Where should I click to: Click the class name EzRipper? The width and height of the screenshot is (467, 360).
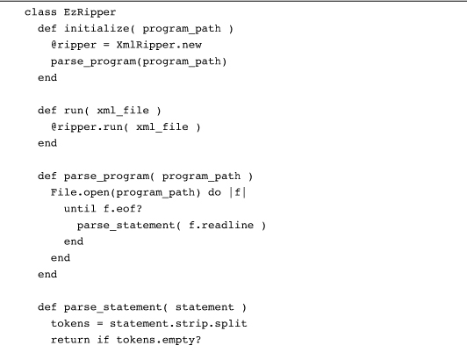tap(90, 12)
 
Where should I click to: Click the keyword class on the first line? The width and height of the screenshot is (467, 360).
tap(40, 12)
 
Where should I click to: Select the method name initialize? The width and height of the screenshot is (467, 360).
tap(97, 29)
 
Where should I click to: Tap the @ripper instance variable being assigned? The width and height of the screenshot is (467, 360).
tap(74, 46)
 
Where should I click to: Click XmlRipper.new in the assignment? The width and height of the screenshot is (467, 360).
tap(159, 46)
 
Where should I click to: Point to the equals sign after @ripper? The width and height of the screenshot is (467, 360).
tap(106, 46)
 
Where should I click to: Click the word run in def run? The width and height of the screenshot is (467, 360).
tap(74, 111)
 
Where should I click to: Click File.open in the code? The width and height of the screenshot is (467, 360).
tap(80, 192)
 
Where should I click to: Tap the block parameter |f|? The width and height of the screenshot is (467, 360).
tap(237, 192)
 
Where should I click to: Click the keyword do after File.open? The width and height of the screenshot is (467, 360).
tap(214, 192)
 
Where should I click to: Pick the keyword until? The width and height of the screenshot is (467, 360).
tap(80, 209)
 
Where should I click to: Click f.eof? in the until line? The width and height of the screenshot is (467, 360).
tap(123, 209)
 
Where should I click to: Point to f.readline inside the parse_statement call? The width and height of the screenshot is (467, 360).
tap(221, 226)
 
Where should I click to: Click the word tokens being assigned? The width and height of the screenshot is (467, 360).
tap(70, 324)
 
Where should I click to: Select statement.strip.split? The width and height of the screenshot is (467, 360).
tap(178, 324)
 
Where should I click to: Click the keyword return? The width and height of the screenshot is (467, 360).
tap(70, 340)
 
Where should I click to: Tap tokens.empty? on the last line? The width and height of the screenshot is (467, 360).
tap(159, 341)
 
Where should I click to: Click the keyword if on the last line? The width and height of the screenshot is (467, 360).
tap(103, 340)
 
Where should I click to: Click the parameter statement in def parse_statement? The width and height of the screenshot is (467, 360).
tap(205, 307)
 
